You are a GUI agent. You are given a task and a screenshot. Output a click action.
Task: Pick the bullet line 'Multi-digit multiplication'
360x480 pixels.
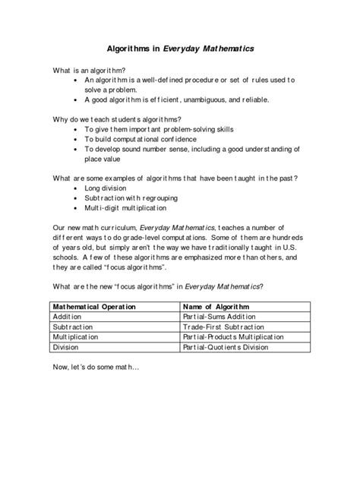coord(125,207)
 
